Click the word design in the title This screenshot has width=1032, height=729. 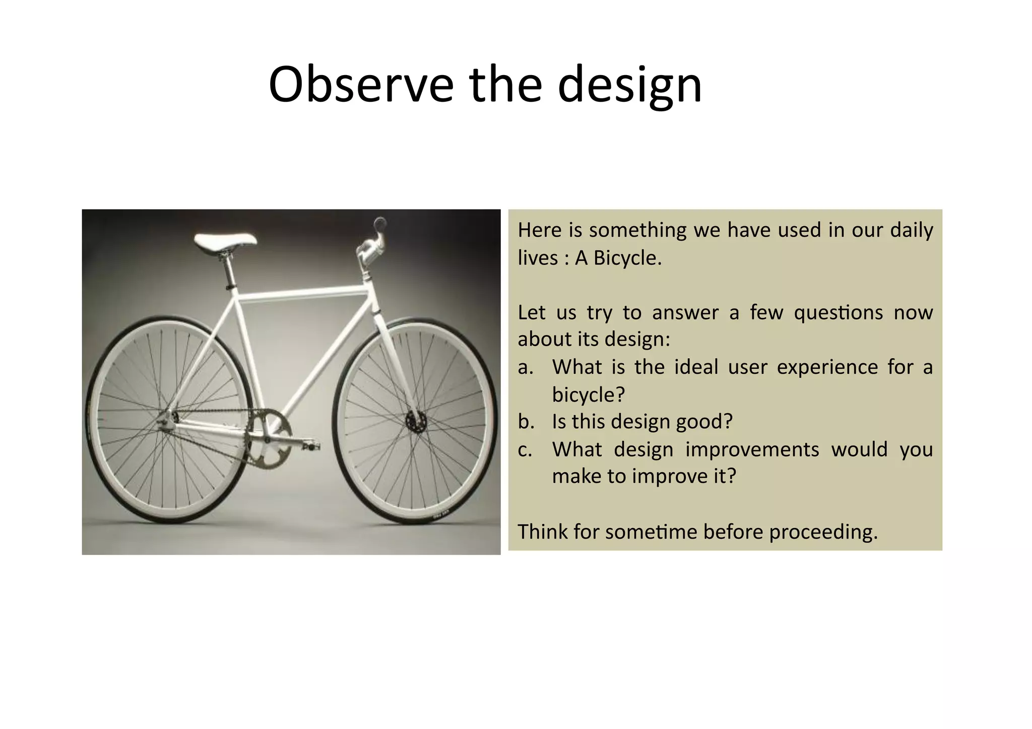tap(629, 85)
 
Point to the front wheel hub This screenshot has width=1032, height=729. tap(416, 420)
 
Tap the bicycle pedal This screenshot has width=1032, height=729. tap(311, 446)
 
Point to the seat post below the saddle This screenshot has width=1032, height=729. tap(228, 272)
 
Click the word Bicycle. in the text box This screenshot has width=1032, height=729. tap(627, 258)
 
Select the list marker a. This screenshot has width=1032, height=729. tap(526, 367)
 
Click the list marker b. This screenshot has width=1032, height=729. tap(526, 422)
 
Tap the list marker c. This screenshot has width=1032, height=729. tap(526, 449)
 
